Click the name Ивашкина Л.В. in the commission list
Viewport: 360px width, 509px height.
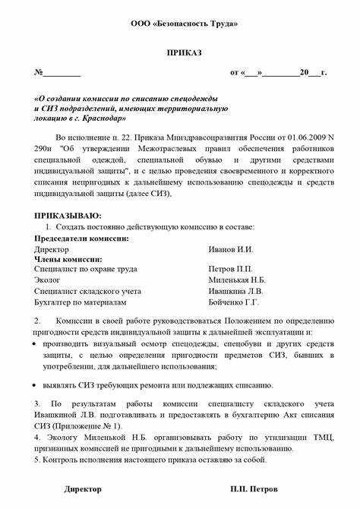(236, 290)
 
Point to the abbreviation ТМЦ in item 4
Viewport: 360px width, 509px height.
(320, 438)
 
